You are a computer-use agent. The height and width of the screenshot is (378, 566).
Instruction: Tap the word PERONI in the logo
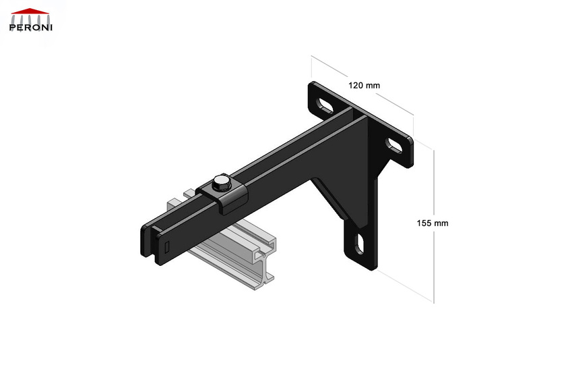click(31, 28)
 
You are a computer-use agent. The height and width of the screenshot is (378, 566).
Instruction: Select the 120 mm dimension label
click(364, 86)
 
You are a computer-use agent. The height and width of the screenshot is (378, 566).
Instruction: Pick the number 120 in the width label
click(356, 86)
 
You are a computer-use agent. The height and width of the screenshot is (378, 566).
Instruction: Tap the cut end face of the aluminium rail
click(266, 267)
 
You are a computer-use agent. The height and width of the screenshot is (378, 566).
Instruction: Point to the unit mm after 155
click(441, 223)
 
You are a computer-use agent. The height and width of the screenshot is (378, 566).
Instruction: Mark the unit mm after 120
click(373, 86)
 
